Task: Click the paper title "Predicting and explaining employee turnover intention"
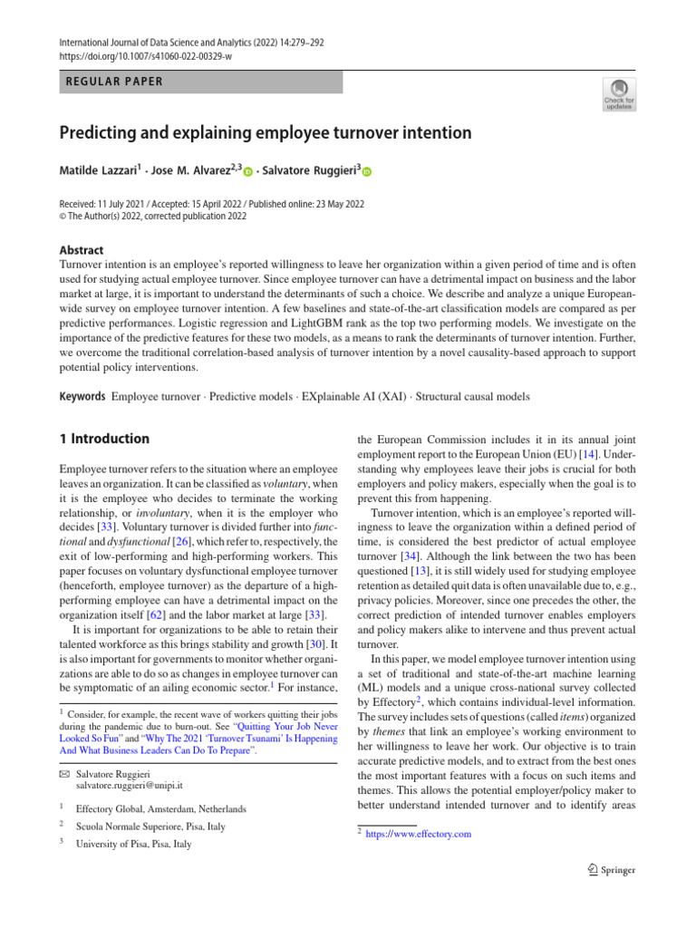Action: (x=266, y=133)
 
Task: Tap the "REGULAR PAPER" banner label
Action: (x=115, y=82)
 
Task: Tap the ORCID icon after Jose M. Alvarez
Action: (x=246, y=171)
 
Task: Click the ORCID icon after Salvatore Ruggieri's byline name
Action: (x=367, y=171)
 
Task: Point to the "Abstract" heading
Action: (x=82, y=250)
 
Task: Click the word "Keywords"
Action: (x=82, y=396)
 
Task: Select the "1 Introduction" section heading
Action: (x=104, y=439)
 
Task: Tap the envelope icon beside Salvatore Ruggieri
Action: (x=65, y=772)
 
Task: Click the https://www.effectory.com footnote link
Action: (x=418, y=834)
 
